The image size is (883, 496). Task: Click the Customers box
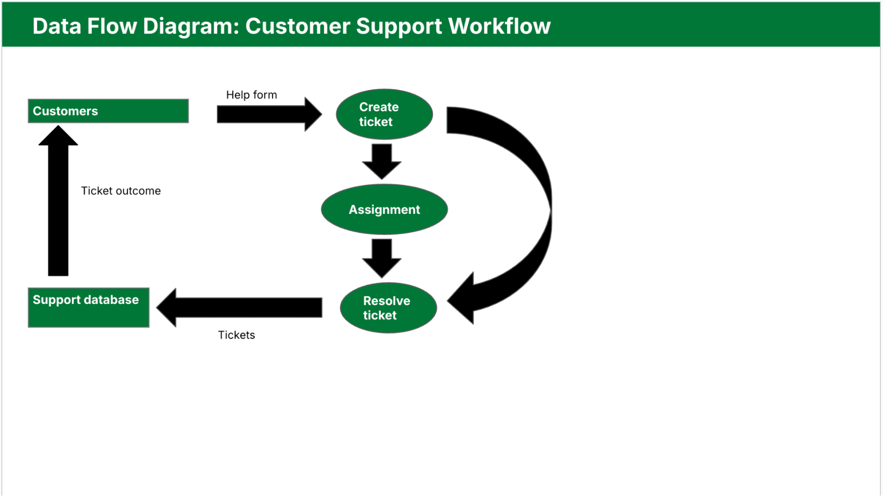[108, 111]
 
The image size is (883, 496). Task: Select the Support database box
[88, 307]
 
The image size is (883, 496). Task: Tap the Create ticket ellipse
[384, 114]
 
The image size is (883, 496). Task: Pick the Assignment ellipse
[384, 209]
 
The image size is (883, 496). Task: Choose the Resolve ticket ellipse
[388, 308]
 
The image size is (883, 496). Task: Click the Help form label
[251, 95]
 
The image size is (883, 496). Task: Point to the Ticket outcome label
[121, 191]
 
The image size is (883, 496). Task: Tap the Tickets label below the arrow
[236, 335]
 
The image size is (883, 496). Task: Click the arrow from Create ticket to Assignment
[382, 160]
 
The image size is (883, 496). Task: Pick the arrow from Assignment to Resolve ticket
[382, 257]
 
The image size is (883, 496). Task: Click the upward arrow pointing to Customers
[58, 203]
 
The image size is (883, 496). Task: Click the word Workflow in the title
[499, 26]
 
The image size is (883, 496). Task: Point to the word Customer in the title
[299, 26]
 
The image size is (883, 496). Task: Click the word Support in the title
[399, 26]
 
